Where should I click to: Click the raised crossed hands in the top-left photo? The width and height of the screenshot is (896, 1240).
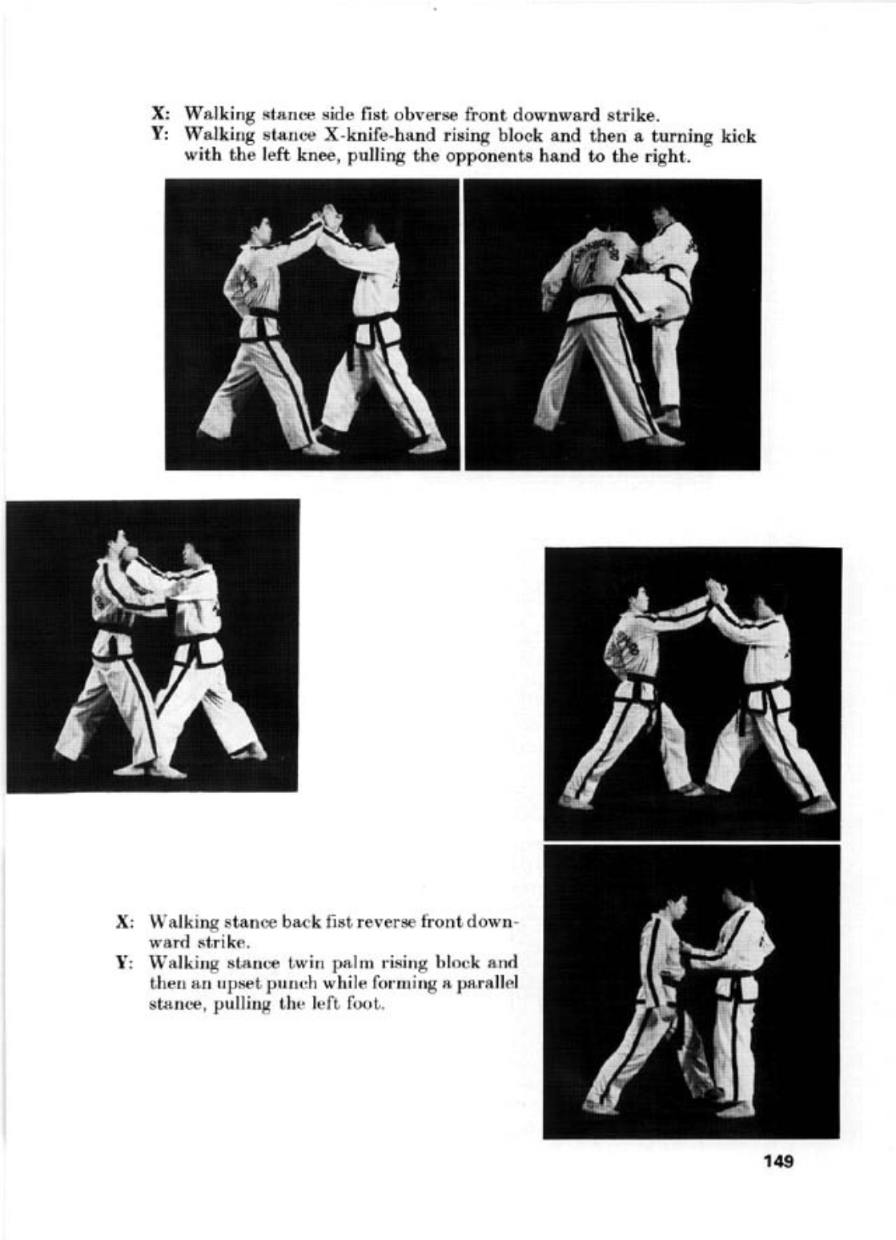point(329,216)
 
